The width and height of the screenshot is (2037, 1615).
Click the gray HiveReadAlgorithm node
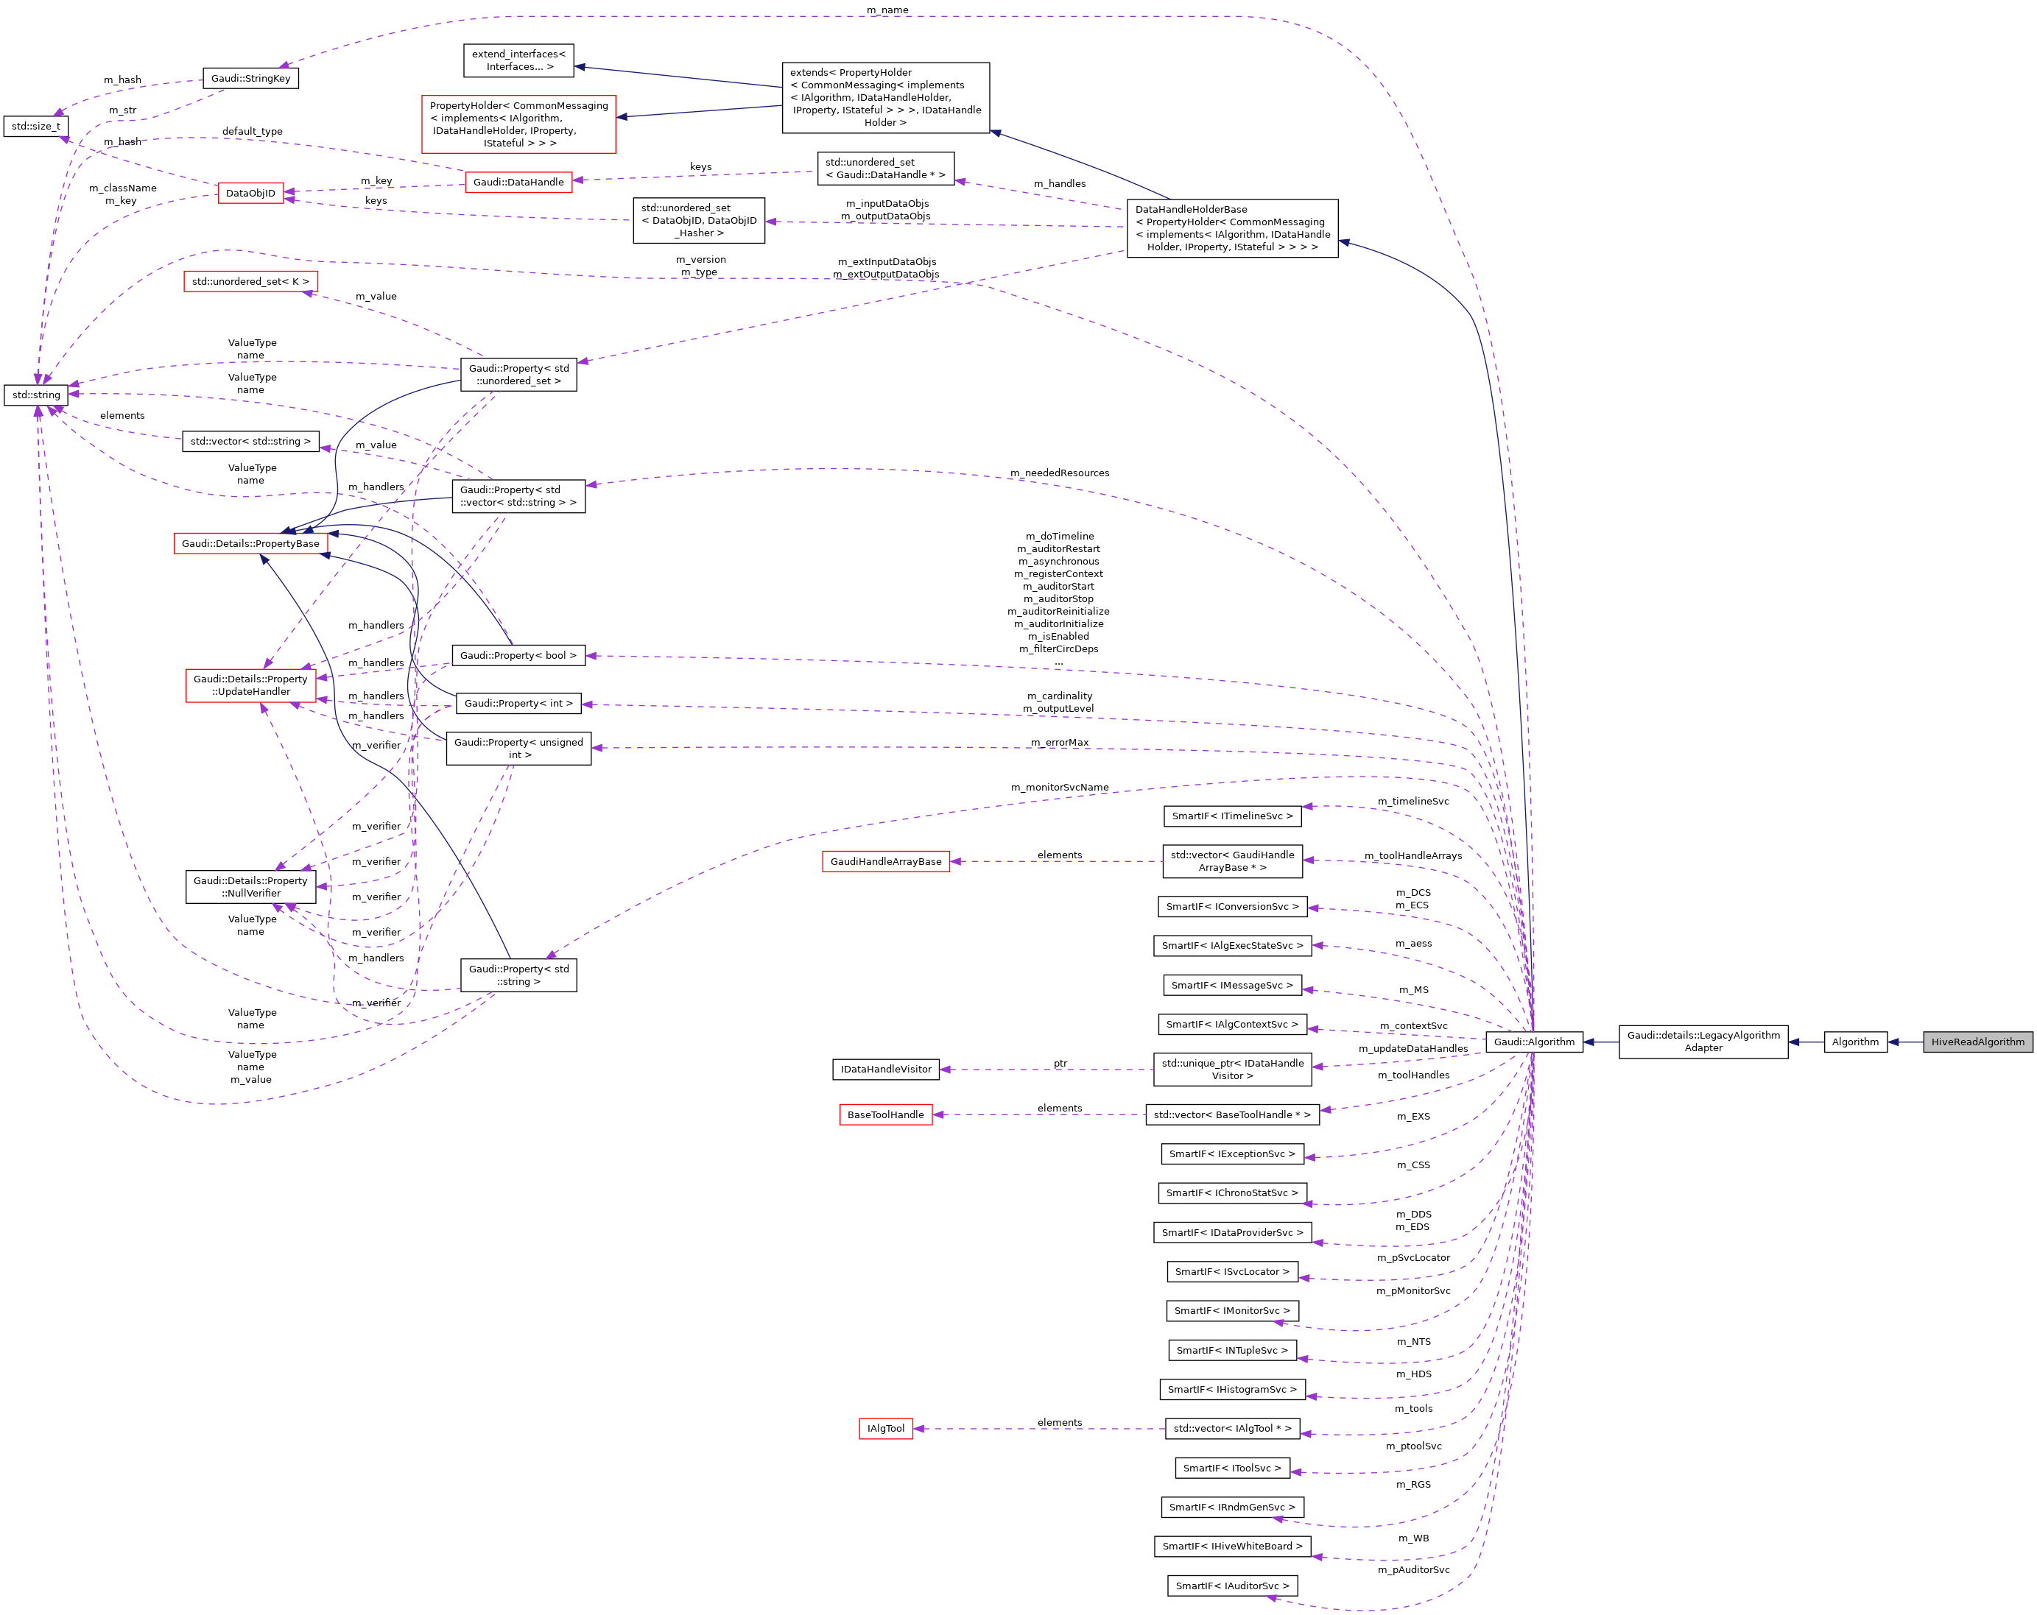1977,1042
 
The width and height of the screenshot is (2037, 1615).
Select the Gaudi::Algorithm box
1533,1042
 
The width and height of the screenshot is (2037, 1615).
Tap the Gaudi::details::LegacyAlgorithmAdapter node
1703,1042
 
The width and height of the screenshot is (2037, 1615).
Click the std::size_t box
36,126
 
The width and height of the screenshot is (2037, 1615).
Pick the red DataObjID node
250,194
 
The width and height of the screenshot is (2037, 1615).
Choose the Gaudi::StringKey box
250,78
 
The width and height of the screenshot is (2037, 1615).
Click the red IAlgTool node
885,1428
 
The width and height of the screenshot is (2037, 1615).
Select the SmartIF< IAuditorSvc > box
1232,1586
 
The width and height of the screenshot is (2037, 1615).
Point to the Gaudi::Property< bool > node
518,655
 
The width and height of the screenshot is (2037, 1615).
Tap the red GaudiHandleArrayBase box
885,861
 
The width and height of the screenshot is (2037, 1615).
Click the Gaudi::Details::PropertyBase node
250,543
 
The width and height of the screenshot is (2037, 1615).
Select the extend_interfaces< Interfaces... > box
518,60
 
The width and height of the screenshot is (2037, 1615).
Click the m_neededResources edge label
1059,473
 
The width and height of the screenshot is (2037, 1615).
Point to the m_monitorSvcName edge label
1059,788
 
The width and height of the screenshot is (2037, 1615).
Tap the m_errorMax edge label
1059,742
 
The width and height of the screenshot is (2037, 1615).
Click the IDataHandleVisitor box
885,1069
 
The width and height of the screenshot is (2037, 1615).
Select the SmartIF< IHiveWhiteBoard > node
1232,1546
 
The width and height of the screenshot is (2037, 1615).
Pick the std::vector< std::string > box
250,441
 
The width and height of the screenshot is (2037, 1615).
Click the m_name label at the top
887,10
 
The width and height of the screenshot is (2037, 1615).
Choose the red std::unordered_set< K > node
250,281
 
